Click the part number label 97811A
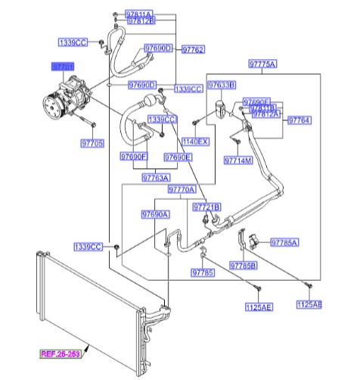tap(139, 14)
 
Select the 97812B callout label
tap(141, 22)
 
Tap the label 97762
tap(193, 49)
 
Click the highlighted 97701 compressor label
tap(63, 67)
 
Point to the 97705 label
tap(92, 142)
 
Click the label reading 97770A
tap(182, 189)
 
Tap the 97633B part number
tap(222, 85)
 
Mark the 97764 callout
tap(299, 120)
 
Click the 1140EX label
tap(194, 142)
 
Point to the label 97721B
tap(206, 207)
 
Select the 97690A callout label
tap(155, 215)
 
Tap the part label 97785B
tap(244, 266)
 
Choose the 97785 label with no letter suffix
tap(202, 273)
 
